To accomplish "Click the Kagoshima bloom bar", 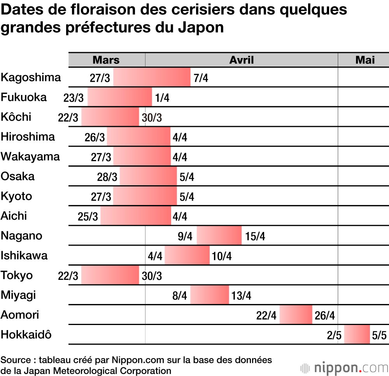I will click(152, 77).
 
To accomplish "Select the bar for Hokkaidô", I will click(357, 334).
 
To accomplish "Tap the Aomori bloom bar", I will click(296, 315).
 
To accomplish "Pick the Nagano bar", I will click(219, 235).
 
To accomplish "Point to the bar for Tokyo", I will click(110, 275).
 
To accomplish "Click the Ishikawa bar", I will click(187, 255).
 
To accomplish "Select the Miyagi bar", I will click(210, 295).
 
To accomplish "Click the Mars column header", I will click(106, 60).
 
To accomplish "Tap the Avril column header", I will click(241, 60).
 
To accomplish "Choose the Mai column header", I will click(365, 60).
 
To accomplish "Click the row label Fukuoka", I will click(24, 97).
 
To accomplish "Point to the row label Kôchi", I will click(16, 117).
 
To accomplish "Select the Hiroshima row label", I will click(28, 137).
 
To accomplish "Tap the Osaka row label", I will click(18, 176).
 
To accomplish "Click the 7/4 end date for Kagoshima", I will click(201, 78).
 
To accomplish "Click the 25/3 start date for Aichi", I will click(88, 216).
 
